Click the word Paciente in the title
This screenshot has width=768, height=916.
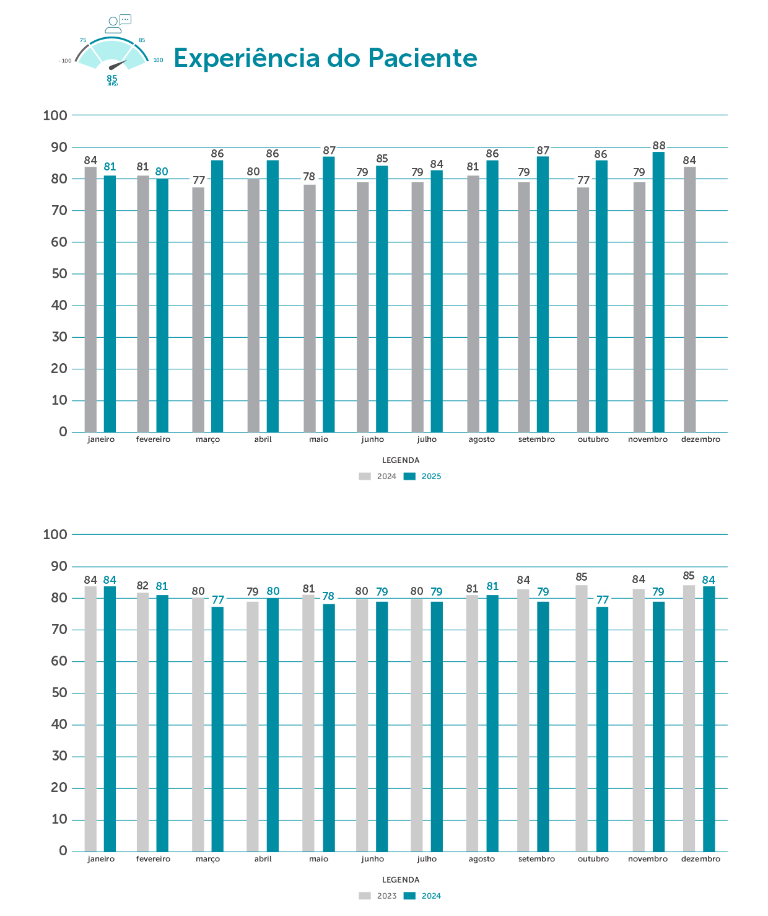(x=422, y=58)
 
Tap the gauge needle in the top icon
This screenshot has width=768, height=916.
(x=117, y=64)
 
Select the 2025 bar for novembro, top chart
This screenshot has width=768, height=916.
(x=658, y=291)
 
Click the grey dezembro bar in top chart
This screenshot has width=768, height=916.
(x=689, y=299)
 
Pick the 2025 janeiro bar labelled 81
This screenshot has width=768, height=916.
(x=110, y=304)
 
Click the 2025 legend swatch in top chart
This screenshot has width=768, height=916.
(x=409, y=477)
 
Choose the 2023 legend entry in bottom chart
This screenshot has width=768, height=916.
(x=378, y=896)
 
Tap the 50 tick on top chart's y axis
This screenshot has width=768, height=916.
(x=59, y=274)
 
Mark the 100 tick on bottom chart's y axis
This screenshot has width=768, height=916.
(x=55, y=535)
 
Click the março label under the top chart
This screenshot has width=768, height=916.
(x=207, y=439)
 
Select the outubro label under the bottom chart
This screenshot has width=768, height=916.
(x=593, y=859)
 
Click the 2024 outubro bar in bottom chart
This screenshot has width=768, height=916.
(x=602, y=729)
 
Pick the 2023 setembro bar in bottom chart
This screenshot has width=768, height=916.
(x=523, y=720)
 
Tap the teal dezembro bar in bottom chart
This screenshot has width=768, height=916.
(x=709, y=719)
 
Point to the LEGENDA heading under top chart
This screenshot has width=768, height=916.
(x=401, y=460)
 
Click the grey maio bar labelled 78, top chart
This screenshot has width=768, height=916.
(x=310, y=308)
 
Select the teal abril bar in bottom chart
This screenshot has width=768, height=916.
(x=273, y=724)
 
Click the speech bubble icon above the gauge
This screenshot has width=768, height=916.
(x=125, y=19)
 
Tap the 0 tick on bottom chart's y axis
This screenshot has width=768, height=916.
(x=63, y=851)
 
